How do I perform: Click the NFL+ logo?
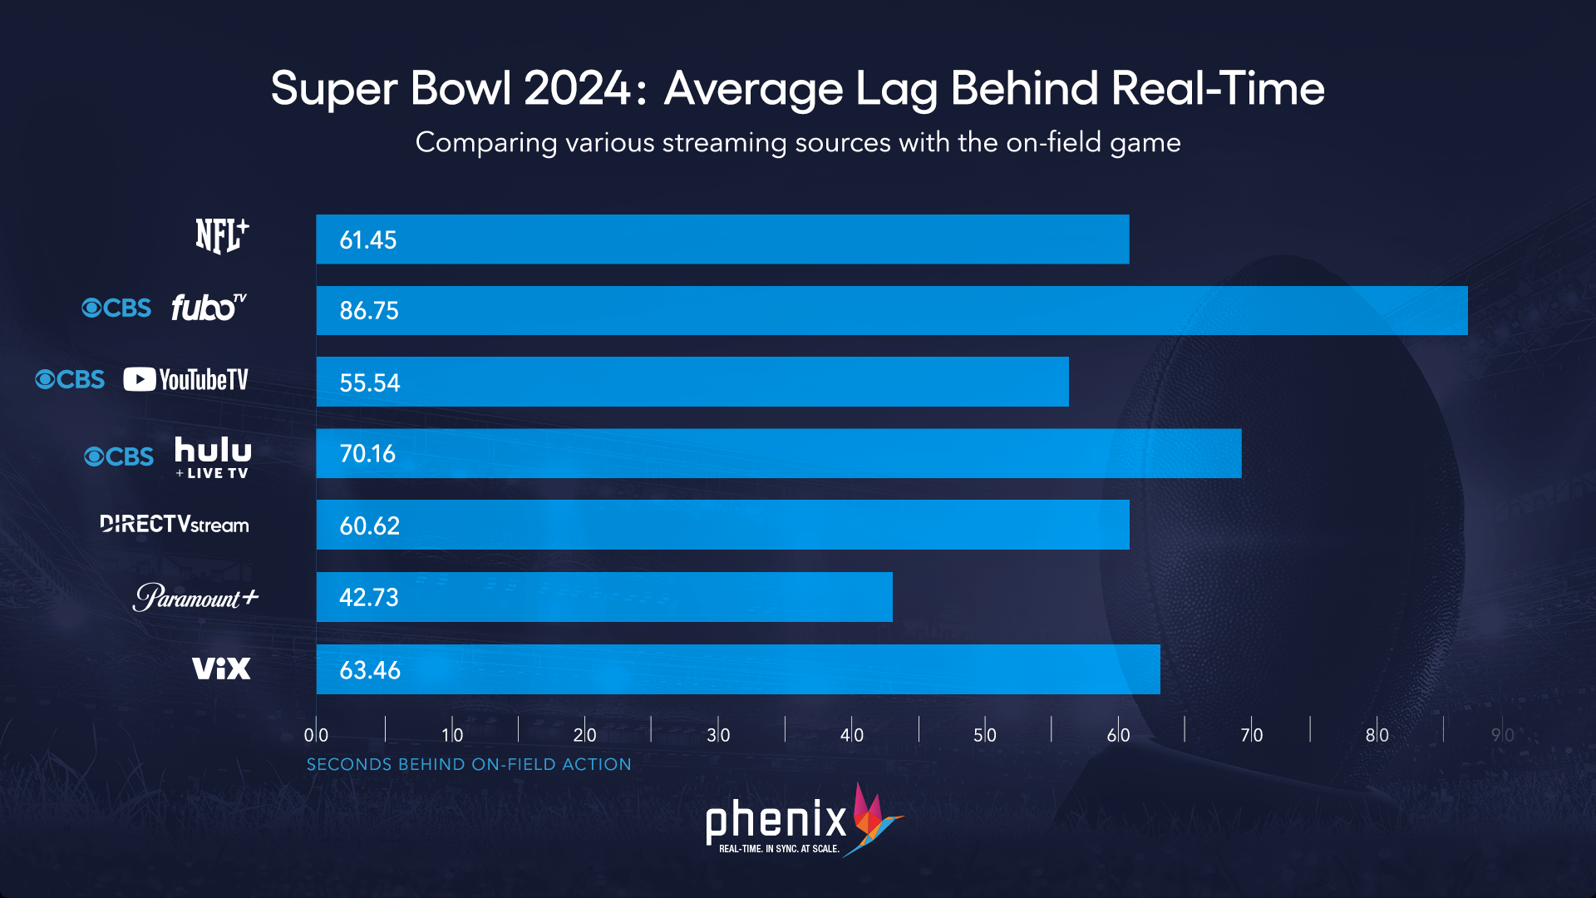tap(222, 236)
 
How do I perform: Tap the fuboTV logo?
tap(209, 308)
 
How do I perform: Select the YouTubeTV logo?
tap(186, 380)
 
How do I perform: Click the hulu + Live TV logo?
tap(213, 456)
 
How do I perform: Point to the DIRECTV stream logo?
tap(175, 524)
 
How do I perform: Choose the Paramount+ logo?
tap(196, 597)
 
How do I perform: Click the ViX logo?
tap(221, 669)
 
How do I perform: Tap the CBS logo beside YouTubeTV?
tap(71, 380)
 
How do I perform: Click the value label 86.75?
tap(369, 311)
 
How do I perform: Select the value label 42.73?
tap(369, 598)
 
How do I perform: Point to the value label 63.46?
tap(370, 670)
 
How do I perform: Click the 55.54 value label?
tap(370, 383)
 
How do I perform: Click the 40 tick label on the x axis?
tap(852, 735)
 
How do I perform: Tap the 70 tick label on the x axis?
tap(1251, 735)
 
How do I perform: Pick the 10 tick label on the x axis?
tap(452, 735)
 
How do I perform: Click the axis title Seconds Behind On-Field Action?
tap(469, 764)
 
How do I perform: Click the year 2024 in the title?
tap(578, 88)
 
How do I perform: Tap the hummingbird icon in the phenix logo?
tap(873, 819)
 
